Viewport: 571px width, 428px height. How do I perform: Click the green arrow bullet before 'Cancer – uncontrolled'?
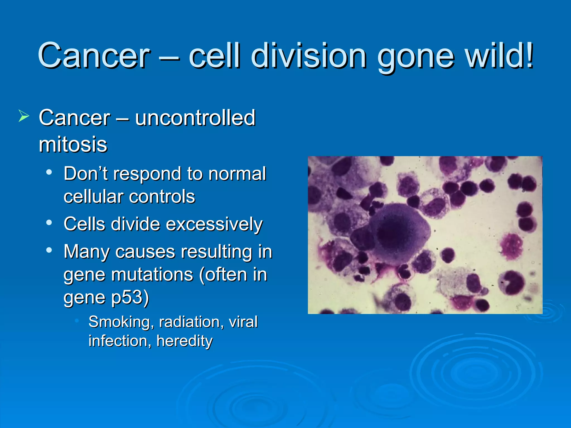(24, 116)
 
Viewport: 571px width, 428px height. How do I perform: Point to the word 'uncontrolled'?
(195, 118)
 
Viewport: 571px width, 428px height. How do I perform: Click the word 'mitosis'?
(73, 145)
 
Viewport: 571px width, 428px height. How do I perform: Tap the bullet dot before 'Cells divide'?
(49, 223)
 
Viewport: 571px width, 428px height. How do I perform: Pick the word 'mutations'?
(152, 275)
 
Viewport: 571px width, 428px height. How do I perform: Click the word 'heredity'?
(185, 341)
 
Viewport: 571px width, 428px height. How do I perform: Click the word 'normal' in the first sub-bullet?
(237, 174)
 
